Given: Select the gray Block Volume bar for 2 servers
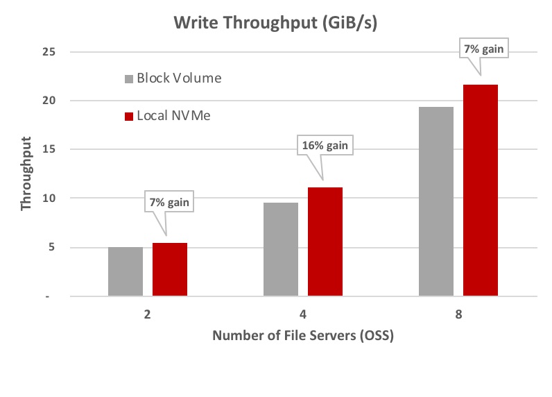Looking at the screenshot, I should (x=126, y=271).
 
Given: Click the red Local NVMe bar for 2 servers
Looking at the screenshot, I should (x=170, y=269).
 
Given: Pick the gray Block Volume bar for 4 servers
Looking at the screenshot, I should (x=281, y=249).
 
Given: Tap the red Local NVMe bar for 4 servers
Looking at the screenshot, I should (x=325, y=242).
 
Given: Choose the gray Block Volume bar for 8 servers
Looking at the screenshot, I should (x=436, y=201).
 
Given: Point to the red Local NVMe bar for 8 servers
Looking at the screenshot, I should (x=481, y=190).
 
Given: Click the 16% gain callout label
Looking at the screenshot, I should (x=325, y=146).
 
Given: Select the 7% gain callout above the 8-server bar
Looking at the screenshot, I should (x=480, y=50).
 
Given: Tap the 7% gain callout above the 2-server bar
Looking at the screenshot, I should (x=170, y=203).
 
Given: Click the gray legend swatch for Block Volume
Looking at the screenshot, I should (x=129, y=78).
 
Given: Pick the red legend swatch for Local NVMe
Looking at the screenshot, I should (x=129, y=116).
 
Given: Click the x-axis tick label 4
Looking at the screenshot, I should (x=304, y=314).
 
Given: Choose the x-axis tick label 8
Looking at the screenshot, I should (x=458, y=314).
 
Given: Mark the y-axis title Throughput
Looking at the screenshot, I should (x=27, y=174).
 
